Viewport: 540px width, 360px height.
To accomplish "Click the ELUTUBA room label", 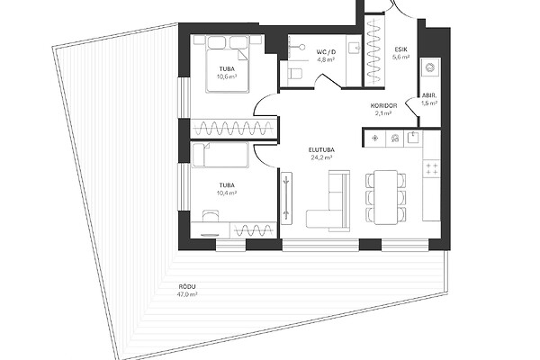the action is coord(321,150).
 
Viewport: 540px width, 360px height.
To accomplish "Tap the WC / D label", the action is coord(326,52).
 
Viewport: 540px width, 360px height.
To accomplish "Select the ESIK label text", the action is coord(400,49).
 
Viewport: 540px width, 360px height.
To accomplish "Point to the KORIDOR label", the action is coord(383,106).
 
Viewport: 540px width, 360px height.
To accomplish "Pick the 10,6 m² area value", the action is coord(227,76).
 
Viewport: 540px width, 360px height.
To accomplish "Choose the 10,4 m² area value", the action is coord(227,193).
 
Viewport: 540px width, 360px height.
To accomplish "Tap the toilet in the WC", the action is coord(294,74).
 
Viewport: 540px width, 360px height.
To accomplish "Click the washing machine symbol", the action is coord(430,67).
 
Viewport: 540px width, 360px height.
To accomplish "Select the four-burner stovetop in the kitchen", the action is coord(431,169).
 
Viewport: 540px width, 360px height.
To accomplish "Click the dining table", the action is coord(386,197).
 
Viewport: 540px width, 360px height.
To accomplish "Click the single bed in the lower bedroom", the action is coord(220,155).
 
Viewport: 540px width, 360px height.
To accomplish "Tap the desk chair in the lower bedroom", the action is coord(211,216).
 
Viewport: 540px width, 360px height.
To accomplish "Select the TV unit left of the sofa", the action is coord(286,198).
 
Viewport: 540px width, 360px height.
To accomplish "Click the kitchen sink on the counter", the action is coord(412,138).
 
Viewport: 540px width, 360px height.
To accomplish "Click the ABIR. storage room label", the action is coord(429,96).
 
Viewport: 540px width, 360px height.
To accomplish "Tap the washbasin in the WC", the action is coord(353,48).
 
